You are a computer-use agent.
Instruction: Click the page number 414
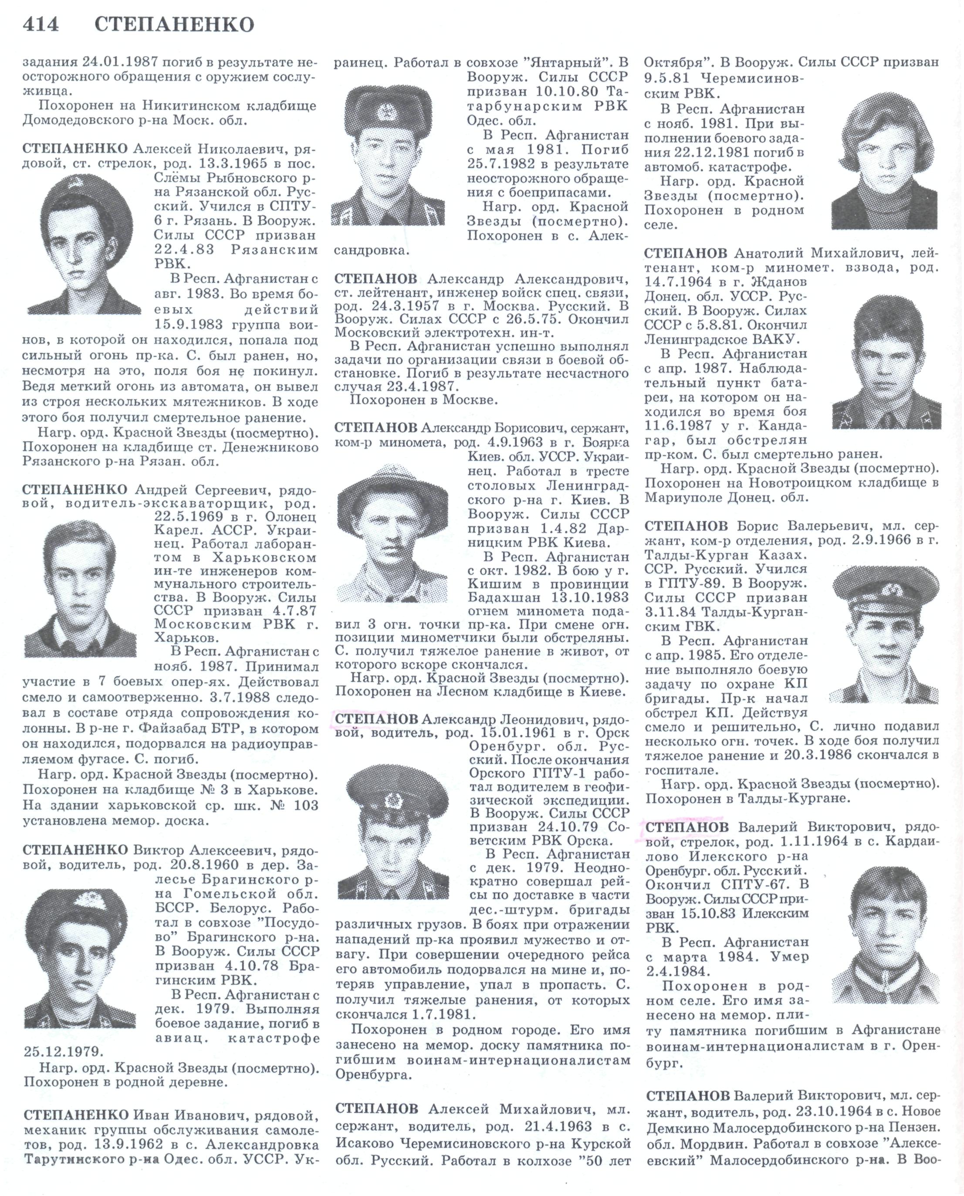[40, 25]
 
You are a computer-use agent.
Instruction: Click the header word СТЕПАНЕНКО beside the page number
[174, 25]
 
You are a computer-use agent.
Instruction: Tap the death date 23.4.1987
[422, 386]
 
